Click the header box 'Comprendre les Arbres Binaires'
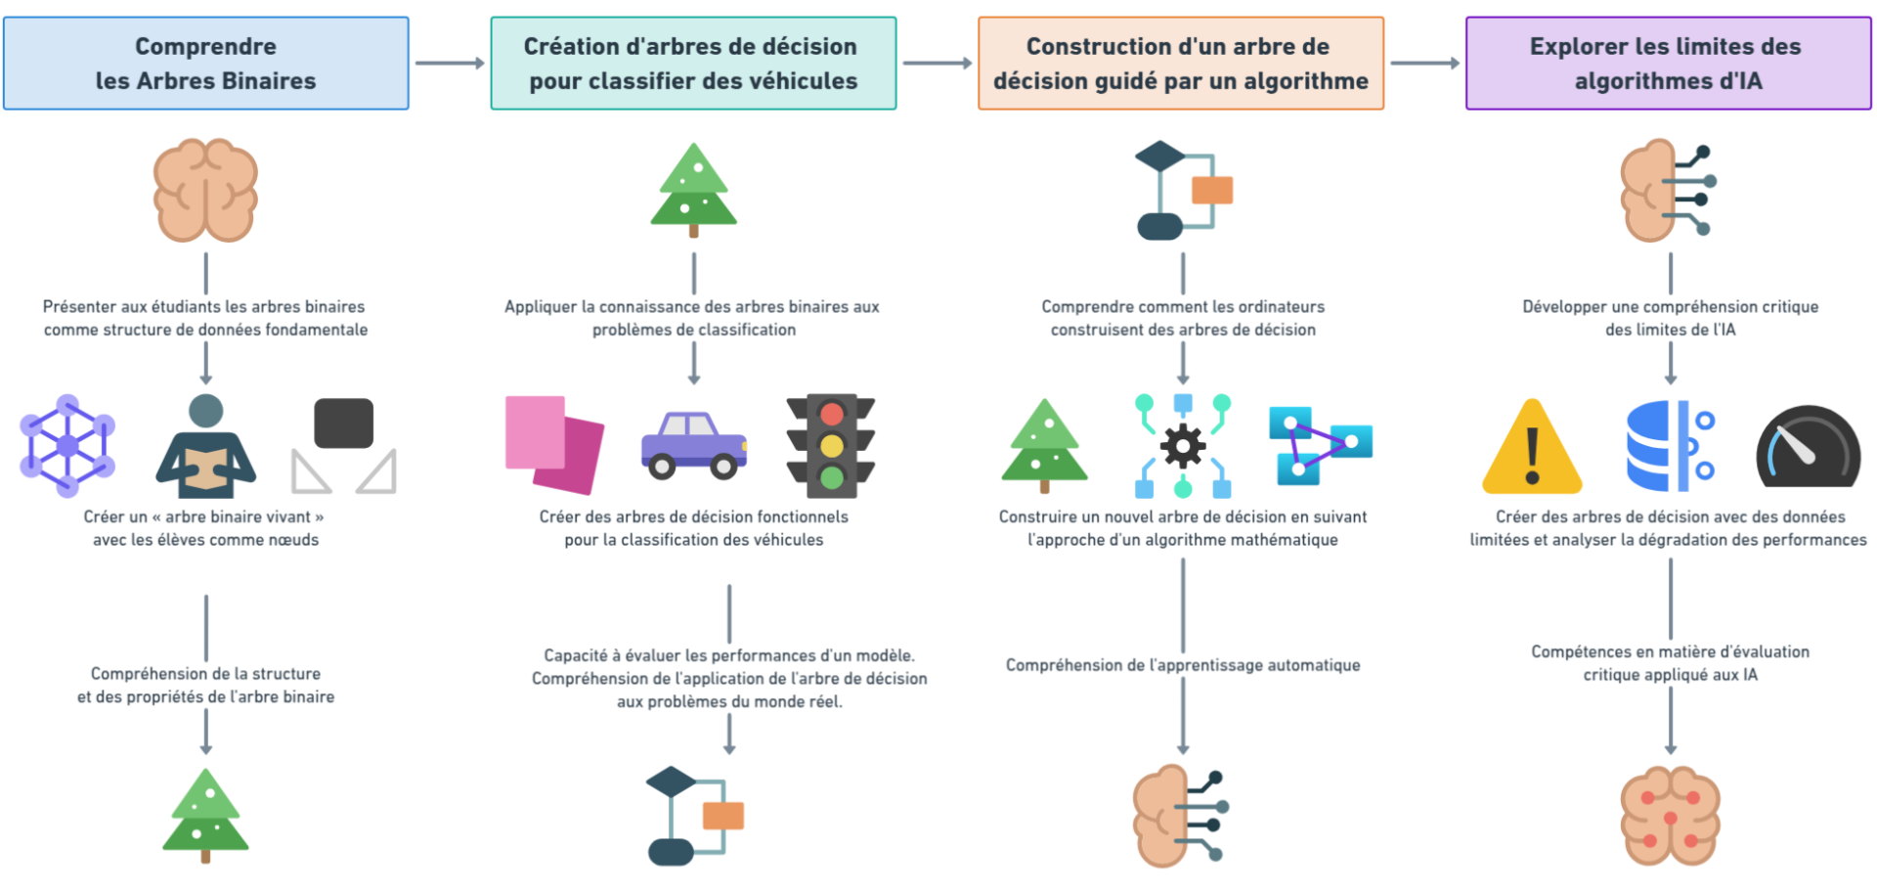pyautogui.click(x=205, y=63)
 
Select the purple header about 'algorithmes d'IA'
pyautogui.click(x=1668, y=63)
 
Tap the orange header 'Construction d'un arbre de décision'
pyautogui.click(x=1180, y=63)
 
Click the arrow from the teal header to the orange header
pyautogui.click(x=937, y=64)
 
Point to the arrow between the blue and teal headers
pyautogui.click(x=450, y=64)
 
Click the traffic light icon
pyautogui.click(x=831, y=445)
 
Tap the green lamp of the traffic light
pyautogui.click(x=832, y=477)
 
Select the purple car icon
pyautogui.click(x=694, y=445)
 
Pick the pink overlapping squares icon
pyautogui.click(x=553, y=444)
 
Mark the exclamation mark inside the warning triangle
pyautogui.click(x=1532, y=455)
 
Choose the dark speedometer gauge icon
pyautogui.click(x=1808, y=448)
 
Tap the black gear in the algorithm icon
pyautogui.click(x=1183, y=446)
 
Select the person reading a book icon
pyautogui.click(x=205, y=446)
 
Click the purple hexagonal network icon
pyautogui.click(x=67, y=445)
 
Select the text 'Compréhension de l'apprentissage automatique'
pyautogui.click(x=1183, y=665)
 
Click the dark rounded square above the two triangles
pyautogui.click(x=343, y=423)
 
